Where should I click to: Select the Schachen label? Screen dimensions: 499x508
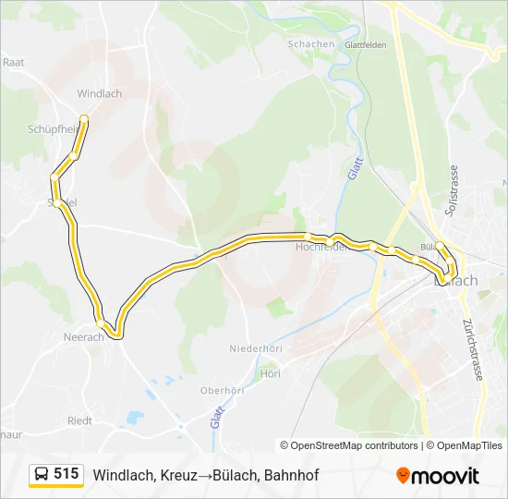tap(310, 44)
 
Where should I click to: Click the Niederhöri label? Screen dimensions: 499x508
tap(256, 348)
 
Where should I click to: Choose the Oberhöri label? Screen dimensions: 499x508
tap(223, 391)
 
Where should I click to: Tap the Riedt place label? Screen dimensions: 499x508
tap(79, 420)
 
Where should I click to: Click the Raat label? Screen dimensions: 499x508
tap(13, 62)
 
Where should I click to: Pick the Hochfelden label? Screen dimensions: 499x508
tap(321, 248)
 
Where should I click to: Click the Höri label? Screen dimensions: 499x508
tap(270, 373)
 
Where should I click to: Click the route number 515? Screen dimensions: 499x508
tap(67, 474)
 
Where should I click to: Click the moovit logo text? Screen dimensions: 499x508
tap(446, 476)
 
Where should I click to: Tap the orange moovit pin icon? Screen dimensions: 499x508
tap(403, 476)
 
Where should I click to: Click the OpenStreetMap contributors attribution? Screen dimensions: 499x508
tap(355, 445)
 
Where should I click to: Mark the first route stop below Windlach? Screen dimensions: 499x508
tap(84, 118)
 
